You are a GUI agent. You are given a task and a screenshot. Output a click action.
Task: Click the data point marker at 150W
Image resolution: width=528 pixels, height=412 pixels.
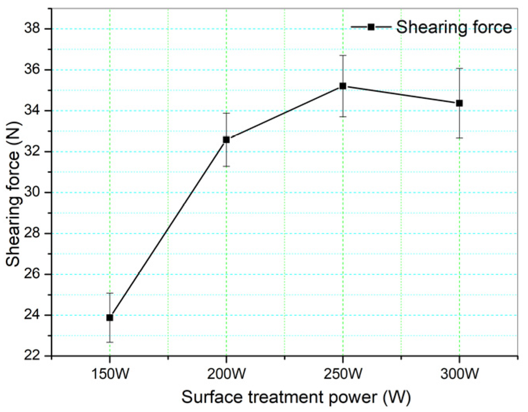(x=110, y=317)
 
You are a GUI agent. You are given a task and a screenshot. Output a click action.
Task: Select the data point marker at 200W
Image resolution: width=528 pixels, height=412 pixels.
(x=226, y=139)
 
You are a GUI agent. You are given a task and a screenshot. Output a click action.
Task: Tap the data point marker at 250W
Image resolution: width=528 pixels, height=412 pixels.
(x=343, y=86)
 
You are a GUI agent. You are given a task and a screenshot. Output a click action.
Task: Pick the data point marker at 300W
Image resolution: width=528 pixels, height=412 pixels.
(x=459, y=103)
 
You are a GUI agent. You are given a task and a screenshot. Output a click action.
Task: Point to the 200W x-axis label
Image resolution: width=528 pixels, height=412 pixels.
(x=226, y=374)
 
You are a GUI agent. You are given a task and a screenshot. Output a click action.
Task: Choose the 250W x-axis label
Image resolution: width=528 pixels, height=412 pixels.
(x=343, y=374)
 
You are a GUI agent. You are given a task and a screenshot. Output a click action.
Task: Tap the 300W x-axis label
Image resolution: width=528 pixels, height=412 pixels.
(x=459, y=374)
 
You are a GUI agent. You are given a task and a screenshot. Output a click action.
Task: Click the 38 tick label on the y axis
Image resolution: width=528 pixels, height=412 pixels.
(x=33, y=29)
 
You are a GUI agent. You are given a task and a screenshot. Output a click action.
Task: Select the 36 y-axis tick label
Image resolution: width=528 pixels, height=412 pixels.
(x=33, y=70)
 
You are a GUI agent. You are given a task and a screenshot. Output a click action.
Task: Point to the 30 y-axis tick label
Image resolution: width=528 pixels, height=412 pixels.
(x=33, y=192)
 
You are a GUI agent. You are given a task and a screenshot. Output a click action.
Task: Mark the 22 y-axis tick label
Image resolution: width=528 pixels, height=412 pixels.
(x=33, y=355)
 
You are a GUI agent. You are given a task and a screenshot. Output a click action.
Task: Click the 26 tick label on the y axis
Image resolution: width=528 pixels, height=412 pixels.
(x=33, y=274)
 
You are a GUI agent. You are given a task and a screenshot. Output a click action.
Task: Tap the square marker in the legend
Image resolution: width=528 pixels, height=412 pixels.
(x=371, y=27)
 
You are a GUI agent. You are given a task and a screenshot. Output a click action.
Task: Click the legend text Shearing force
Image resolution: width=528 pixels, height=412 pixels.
(x=454, y=27)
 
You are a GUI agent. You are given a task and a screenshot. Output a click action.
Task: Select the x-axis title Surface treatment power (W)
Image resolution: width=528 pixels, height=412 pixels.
(x=296, y=397)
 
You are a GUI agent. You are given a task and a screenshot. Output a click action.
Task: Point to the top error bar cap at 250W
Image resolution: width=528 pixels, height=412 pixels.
(x=343, y=55)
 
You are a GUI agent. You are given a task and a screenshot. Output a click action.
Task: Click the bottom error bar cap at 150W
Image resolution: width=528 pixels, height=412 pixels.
(x=110, y=342)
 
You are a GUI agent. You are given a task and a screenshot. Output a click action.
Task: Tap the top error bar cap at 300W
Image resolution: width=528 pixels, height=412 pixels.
(x=459, y=68)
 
